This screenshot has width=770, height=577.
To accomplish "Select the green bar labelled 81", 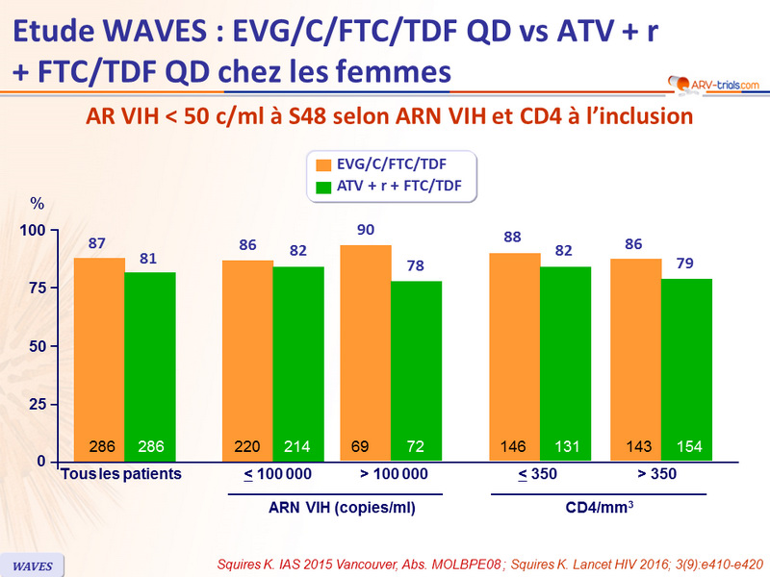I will point(149,365).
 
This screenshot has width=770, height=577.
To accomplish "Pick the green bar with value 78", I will point(416,370).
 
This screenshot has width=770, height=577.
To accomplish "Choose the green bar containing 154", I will point(686,369).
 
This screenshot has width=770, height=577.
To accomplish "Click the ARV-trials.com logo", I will point(712,86).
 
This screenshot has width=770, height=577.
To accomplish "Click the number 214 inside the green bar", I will point(297,447).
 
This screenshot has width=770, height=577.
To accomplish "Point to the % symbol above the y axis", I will point(38,204).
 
